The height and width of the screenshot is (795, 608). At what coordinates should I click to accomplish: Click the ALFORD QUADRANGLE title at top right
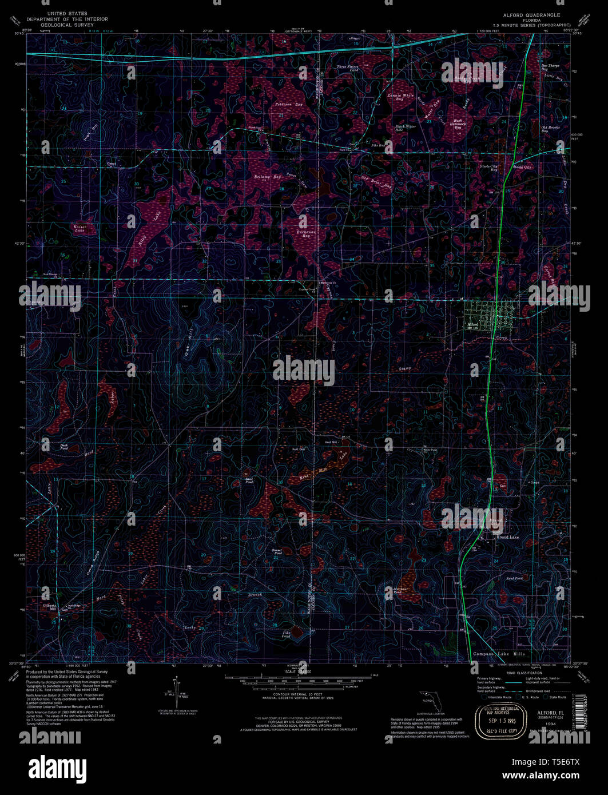tap(531, 15)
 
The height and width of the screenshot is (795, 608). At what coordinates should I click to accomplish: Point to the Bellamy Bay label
tap(268, 177)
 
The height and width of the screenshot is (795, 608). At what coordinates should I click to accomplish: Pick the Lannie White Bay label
tap(400, 97)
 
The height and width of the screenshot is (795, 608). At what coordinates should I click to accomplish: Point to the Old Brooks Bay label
tap(550, 129)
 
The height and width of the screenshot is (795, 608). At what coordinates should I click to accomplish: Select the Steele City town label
tap(522, 167)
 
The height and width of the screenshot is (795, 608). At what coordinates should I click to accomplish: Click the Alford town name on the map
tap(473, 324)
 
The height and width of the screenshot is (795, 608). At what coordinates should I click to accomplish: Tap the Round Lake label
tap(507, 537)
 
